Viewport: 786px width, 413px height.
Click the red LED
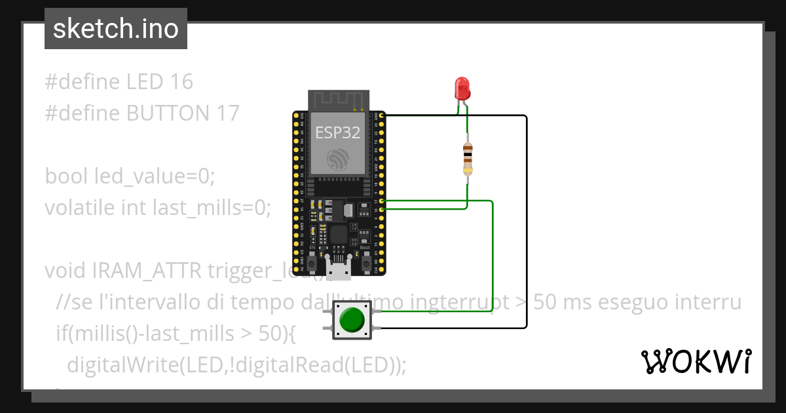coord(462,88)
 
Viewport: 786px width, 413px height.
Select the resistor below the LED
coord(468,157)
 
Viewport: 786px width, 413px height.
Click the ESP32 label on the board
coord(338,132)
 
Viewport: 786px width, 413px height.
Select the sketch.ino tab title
coord(116,29)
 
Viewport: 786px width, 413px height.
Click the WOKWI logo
coord(696,361)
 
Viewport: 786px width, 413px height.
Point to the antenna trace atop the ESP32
coord(338,100)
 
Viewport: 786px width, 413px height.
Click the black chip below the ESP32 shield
coord(339,234)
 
